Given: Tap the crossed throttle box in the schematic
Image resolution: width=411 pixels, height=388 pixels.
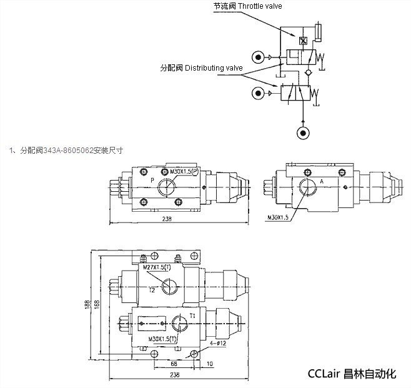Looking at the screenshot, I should [x=303, y=41].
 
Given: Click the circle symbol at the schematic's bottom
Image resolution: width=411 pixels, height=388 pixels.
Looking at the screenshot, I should [x=303, y=134].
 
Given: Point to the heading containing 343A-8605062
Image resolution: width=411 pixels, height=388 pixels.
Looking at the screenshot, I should [x=67, y=150].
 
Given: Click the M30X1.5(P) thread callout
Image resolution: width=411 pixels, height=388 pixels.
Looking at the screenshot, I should [x=184, y=171].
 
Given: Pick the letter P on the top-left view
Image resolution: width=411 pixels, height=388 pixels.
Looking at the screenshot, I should [x=152, y=181].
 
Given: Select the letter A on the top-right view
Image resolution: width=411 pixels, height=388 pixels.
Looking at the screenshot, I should [x=321, y=181].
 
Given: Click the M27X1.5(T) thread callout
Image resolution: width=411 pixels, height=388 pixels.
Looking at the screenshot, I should [x=156, y=267].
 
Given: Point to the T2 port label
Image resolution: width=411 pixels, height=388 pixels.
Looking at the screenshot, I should [x=152, y=290].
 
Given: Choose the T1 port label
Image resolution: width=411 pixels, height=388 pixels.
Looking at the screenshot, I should [x=193, y=316].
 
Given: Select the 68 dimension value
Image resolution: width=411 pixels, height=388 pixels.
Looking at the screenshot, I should [x=174, y=362].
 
